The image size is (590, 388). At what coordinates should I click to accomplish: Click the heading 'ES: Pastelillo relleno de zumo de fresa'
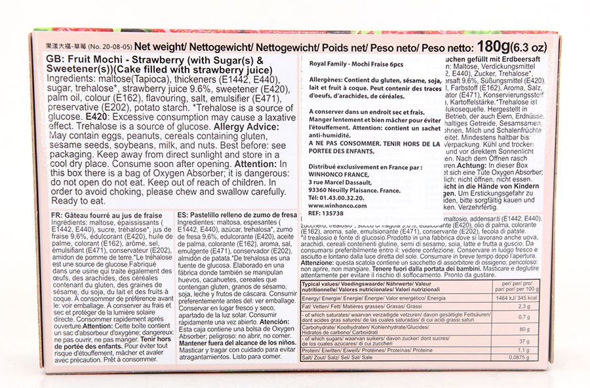pos(238,214)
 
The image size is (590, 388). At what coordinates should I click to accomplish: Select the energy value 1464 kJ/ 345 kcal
pos(523,297)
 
